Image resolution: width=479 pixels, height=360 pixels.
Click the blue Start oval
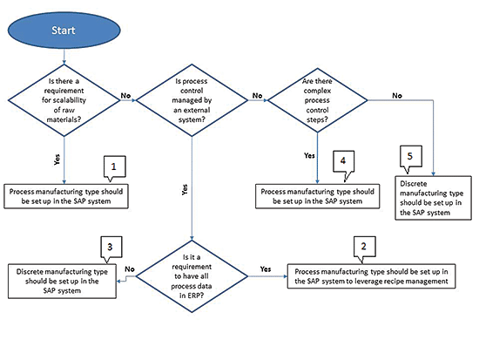[x=64, y=30]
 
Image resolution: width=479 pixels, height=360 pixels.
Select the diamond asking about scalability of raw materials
[x=64, y=100]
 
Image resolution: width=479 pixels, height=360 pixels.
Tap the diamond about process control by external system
[x=192, y=100]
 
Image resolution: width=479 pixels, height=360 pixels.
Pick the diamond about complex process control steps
[x=317, y=100]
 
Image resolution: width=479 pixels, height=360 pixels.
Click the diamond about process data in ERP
[x=192, y=276]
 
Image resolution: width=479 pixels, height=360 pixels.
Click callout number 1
[x=115, y=167]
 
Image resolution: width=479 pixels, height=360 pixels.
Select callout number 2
[x=364, y=248]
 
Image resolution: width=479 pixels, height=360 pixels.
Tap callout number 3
[x=111, y=248]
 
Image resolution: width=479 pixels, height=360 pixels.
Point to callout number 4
[x=344, y=162]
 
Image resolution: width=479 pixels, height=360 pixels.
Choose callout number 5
[x=411, y=157]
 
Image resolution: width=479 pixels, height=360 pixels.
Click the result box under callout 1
[x=66, y=196]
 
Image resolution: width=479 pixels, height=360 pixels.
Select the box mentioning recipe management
[x=372, y=276]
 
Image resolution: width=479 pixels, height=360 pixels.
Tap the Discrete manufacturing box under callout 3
[x=62, y=281]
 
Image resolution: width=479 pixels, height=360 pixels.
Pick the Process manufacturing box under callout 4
[x=317, y=196]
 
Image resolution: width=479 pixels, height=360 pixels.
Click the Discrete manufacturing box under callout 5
[x=433, y=198]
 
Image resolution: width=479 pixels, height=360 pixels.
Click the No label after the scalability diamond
[x=125, y=96]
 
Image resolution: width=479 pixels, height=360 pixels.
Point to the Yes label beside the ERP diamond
[x=266, y=268]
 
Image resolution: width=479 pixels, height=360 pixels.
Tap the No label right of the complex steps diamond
[x=397, y=96]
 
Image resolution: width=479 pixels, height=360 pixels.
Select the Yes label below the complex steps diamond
[x=309, y=156]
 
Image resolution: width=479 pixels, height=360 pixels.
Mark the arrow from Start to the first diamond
[x=64, y=57]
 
